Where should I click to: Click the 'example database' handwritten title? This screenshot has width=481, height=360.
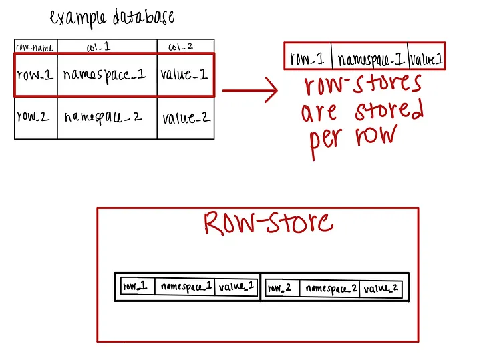(x=112, y=17)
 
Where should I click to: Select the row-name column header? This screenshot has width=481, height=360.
(x=35, y=47)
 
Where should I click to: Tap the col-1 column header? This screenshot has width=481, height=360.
(x=98, y=47)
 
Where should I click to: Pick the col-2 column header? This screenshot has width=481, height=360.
(x=180, y=47)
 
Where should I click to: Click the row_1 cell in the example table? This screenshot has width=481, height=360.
(x=35, y=75)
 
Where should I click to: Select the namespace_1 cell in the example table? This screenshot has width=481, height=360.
(x=104, y=75)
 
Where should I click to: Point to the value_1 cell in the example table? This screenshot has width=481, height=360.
(x=184, y=74)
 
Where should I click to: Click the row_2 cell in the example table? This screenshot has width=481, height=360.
(x=33, y=116)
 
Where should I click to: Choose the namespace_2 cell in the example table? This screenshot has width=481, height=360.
(x=103, y=118)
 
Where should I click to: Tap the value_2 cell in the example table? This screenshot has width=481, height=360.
(x=186, y=118)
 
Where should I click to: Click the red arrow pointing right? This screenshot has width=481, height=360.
(x=250, y=90)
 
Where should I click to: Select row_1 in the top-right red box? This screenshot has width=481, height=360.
(x=307, y=58)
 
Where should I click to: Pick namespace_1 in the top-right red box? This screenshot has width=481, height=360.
(x=371, y=59)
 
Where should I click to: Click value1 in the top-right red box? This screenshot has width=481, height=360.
(x=426, y=59)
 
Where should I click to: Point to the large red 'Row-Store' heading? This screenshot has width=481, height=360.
(x=269, y=223)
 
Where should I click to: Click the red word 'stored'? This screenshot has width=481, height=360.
(x=389, y=110)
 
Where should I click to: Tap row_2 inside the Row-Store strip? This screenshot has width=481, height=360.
(x=279, y=288)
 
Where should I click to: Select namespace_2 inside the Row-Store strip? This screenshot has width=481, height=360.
(x=331, y=289)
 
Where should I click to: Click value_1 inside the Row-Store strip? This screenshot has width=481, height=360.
(x=236, y=287)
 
